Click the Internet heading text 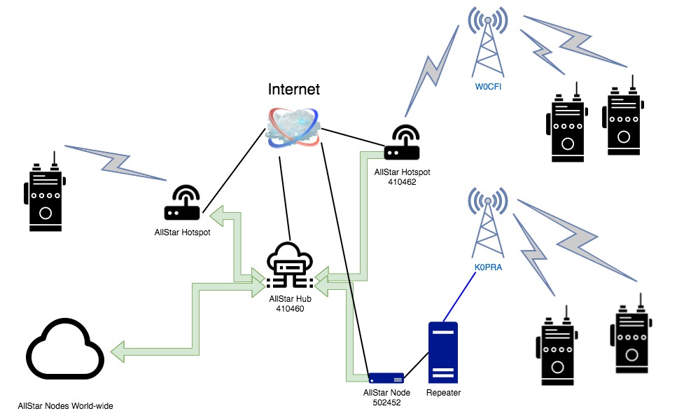pyautogui.click(x=293, y=90)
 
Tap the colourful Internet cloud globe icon pyautogui.click(x=293, y=128)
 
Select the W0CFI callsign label pyautogui.click(x=488, y=86)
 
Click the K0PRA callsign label pyautogui.click(x=488, y=267)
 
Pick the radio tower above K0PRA pyautogui.click(x=488, y=223)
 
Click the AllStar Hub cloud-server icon pyautogui.click(x=290, y=266)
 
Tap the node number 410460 pyautogui.click(x=290, y=309)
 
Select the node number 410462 pyautogui.click(x=402, y=182)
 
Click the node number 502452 pyautogui.click(x=387, y=403)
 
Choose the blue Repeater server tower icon pyautogui.click(x=443, y=352)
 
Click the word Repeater pyautogui.click(x=443, y=392)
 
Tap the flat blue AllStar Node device pyautogui.click(x=386, y=378)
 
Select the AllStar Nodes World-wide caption pyautogui.click(x=66, y=406)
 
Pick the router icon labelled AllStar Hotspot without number pyautogui.click(x=182, y=203)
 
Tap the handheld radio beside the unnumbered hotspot pyautogui.click(x=45, y=191)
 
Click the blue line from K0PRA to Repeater pyautogui.click(x=459, y=297)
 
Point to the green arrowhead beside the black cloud pyautogui.click(x=118, y=351)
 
